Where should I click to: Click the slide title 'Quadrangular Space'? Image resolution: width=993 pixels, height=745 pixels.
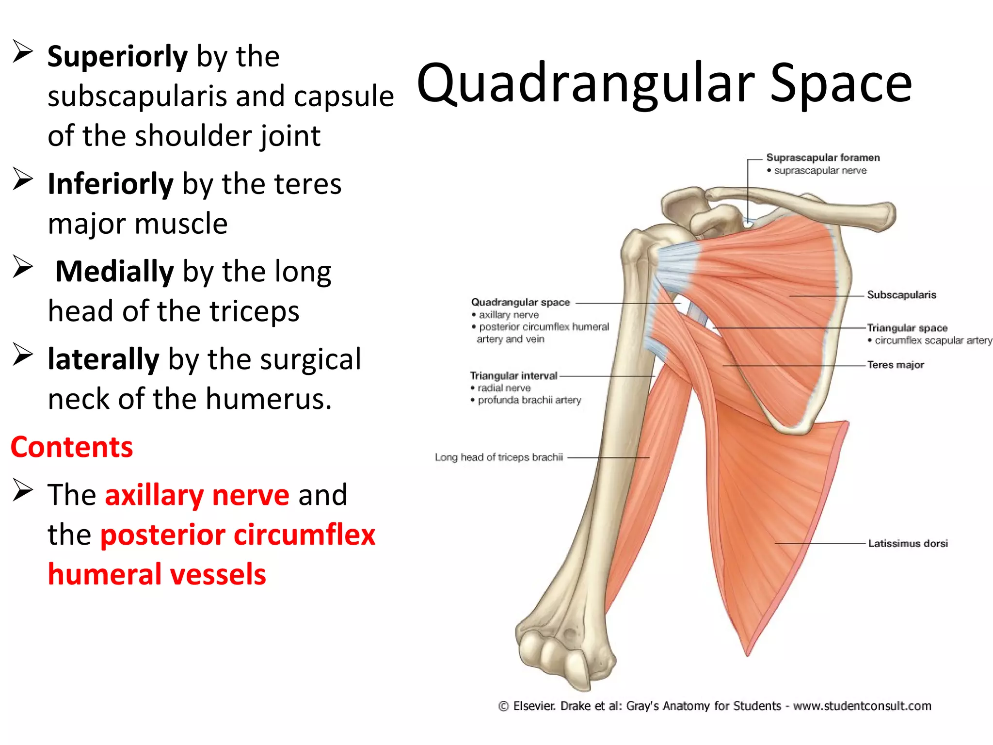[664, 83]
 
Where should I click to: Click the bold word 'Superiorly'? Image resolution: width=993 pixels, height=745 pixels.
[117, 57]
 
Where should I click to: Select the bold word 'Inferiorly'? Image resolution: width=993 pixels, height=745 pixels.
[111, 184]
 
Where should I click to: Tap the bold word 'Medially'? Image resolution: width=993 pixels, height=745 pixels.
[114, 272]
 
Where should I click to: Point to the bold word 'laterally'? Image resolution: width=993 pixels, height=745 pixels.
[103, 359]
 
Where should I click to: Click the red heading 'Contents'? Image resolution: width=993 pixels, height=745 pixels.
[72, 447]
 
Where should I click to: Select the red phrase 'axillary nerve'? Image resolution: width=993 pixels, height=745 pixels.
[197, 495]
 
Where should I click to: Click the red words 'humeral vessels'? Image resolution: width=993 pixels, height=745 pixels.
[157, 575]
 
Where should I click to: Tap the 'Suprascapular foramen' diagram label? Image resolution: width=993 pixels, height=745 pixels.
[823, 158]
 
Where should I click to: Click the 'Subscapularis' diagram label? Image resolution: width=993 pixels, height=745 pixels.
[901, 295]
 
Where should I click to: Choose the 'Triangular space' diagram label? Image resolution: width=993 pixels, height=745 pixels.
[907, 328]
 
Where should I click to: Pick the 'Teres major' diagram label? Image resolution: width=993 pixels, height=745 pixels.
[896, 365]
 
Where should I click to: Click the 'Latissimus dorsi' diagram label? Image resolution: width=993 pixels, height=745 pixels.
[908, 544]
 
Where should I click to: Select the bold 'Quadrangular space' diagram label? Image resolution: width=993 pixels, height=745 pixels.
[520, 302]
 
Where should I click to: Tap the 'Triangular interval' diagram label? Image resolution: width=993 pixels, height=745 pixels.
[513, 376]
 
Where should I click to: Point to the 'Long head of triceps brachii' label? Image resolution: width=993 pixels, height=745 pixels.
[498, 457]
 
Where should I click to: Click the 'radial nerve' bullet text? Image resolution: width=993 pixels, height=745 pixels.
[504, 388]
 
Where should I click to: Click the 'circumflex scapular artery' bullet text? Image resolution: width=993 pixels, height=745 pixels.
[933, 340]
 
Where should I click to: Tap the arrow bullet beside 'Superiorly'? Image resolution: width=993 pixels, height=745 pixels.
[22, 52]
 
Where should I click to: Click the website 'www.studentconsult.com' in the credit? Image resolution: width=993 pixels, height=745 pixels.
[862, 706]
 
